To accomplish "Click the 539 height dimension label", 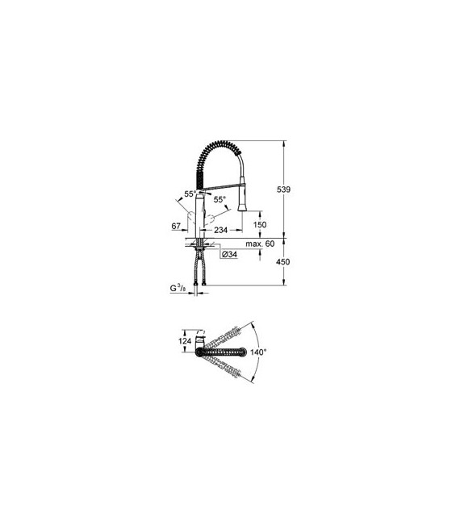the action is tap(283, 190).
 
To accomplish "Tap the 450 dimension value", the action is tap(282, 262).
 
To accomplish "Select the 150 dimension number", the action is tap(260, 225).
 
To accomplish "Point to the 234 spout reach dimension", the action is tap(221, 230).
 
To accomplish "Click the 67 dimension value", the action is tap(176, 227).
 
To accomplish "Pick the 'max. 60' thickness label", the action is tap(260, 244).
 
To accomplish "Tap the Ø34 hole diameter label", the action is tap(229, 255).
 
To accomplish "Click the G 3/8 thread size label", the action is tap(178, 288).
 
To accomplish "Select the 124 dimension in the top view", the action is tap(185, 341).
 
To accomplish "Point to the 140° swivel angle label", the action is tap(258, 352).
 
